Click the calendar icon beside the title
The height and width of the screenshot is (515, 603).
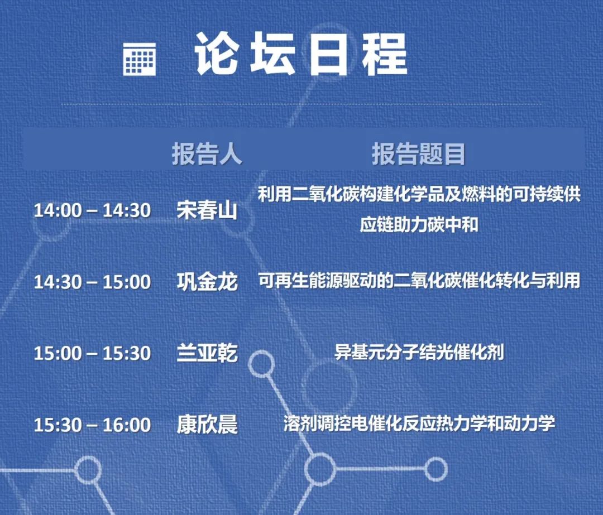(x=139, y=59)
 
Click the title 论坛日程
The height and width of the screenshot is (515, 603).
(x=301, y=54)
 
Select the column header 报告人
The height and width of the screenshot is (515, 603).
(x=207, y=154)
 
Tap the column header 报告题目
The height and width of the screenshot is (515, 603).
(x=418, y=154)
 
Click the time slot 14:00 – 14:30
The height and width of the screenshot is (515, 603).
(x=92, y=210)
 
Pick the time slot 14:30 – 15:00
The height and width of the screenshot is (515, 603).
(x=92, y=282)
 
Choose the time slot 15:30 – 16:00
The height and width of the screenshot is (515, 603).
(x=92, y=425)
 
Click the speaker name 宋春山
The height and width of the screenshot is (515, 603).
(x=207, y=210)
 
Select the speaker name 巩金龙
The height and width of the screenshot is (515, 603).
(x=207, y=282)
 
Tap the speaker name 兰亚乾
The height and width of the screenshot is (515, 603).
(x=207, y=353)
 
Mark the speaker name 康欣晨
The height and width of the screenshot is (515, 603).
(x=207, y=425)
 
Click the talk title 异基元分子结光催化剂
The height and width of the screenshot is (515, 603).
(x=419, y=353)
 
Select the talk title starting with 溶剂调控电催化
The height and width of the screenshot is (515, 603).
(x=419, y=423)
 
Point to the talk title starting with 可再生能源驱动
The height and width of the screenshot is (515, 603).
(x=419, y=281)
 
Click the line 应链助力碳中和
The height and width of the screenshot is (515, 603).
(x=419, y=225)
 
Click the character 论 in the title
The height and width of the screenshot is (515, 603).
(x=217, y=54)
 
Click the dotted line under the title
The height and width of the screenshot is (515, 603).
(x=301, y=104)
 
